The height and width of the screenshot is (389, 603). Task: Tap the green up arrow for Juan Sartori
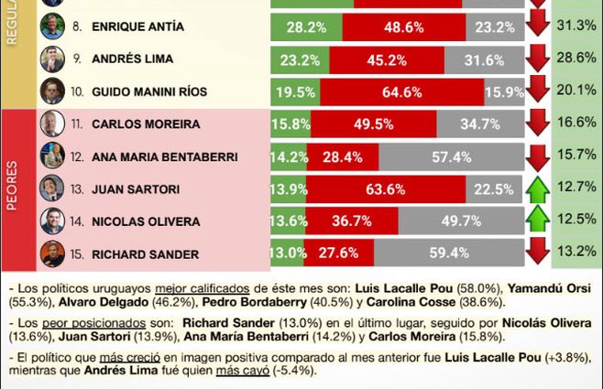pos(538,189)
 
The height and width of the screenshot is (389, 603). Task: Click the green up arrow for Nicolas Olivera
pos(538,221)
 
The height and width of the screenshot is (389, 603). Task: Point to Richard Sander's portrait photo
pos(52,253)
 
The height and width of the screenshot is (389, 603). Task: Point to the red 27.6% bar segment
pos(338,253)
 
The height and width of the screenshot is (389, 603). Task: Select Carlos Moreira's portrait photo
pos(52,124)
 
